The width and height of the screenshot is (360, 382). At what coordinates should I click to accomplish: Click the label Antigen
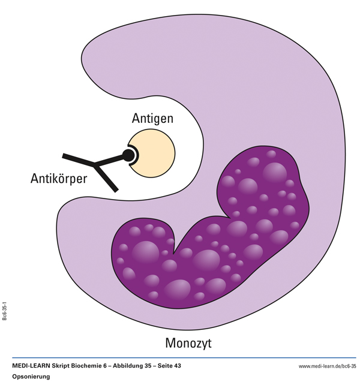click(x=152, y=119)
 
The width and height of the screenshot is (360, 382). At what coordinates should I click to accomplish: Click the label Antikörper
click(x=59, y=178)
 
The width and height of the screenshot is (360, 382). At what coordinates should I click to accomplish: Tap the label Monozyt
click(x=188, y=344)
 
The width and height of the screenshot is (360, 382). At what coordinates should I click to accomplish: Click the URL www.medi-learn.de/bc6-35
click(x=327, y=365)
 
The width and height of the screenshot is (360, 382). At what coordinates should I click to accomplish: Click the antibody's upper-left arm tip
click(x=65, y=156)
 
